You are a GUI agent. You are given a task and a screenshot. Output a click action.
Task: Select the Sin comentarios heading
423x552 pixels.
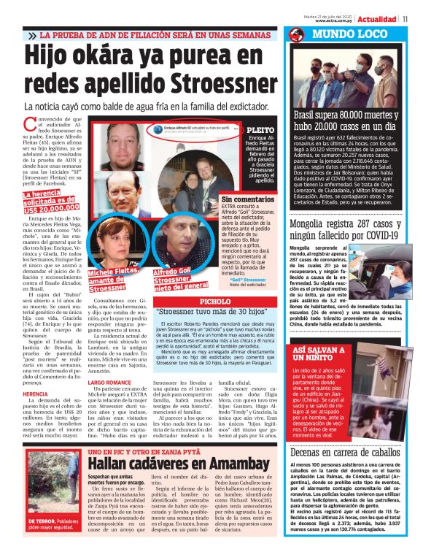coord(247,199)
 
